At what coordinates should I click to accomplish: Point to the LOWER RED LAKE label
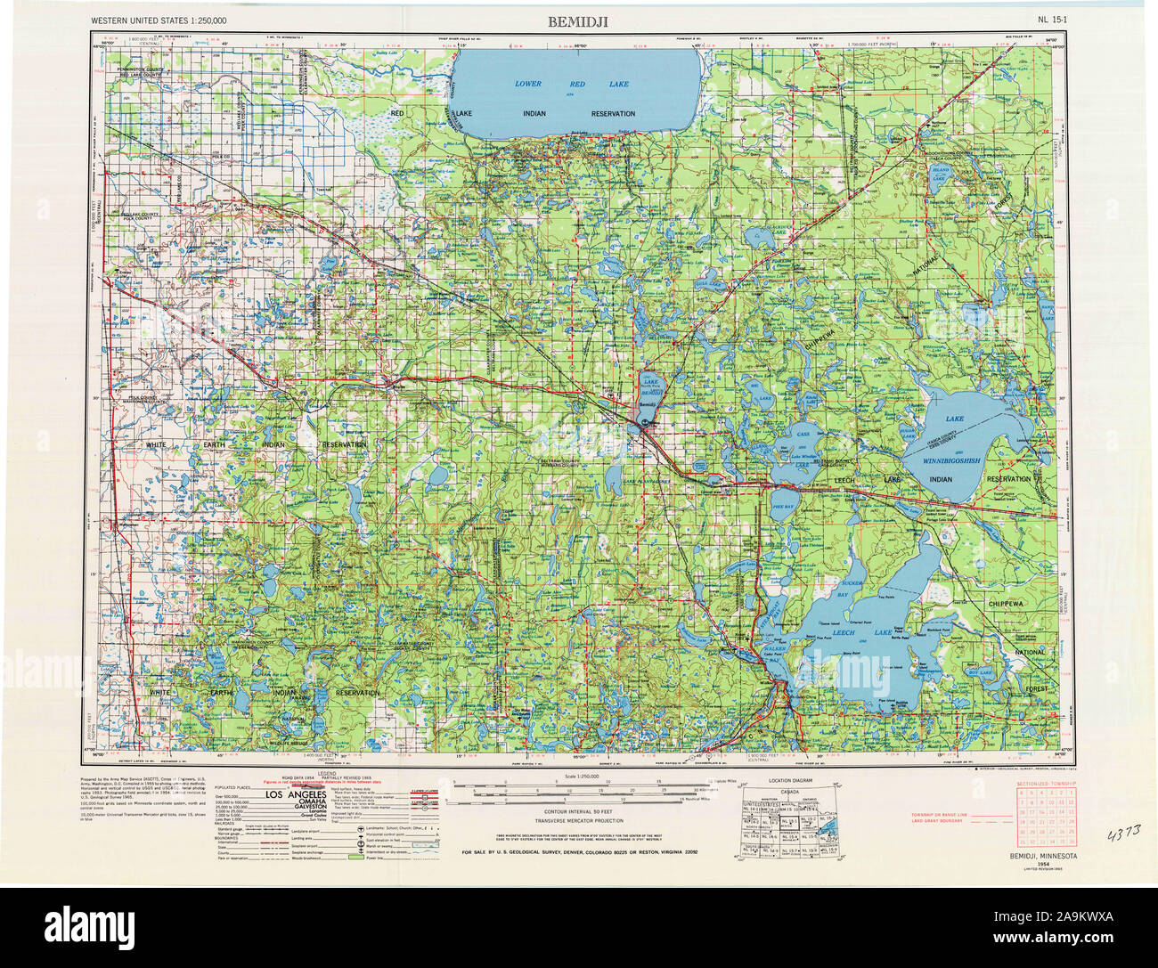[572, 84]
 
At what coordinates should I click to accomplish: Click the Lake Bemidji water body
[650, 383]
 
